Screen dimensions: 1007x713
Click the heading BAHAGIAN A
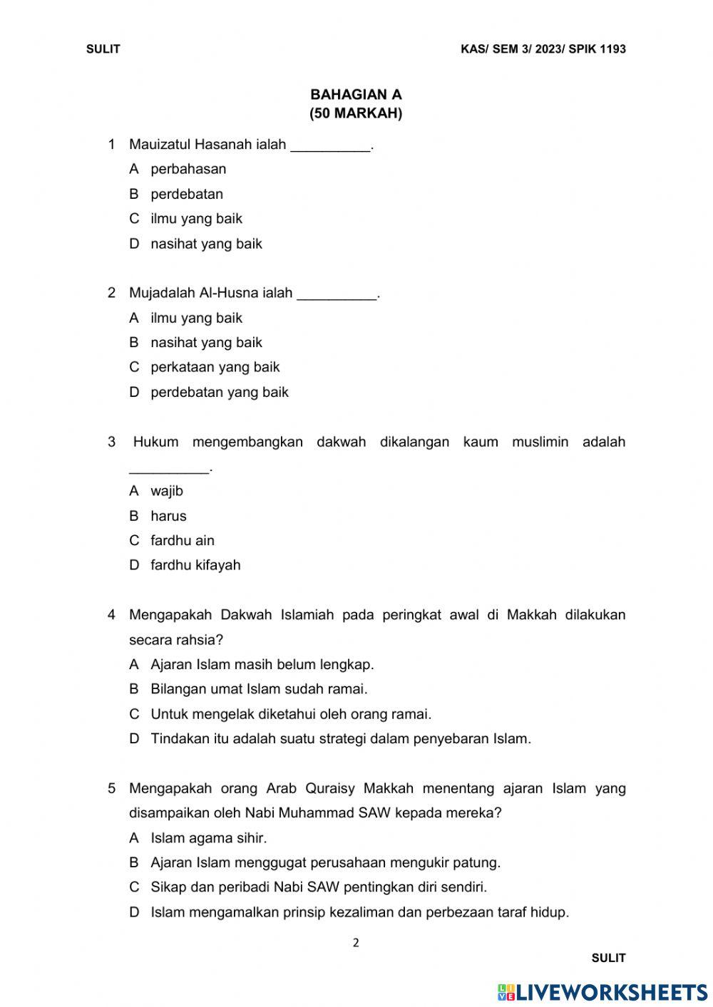356,94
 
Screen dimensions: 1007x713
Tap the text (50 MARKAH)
356,113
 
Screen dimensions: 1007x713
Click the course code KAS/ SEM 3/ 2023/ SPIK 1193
543,49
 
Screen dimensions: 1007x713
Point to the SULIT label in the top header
103,49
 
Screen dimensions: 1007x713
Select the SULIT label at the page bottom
608,958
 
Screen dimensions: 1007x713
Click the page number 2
356,943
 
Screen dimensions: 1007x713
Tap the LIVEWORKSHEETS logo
602,992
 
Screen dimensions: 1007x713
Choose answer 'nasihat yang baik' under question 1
206,244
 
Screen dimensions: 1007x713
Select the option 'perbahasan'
188,169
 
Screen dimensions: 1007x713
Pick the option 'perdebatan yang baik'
220,392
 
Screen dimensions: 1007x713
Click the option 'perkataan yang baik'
215,367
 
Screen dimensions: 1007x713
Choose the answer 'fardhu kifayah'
195,565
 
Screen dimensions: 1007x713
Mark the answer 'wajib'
167,491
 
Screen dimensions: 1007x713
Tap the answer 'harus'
168,516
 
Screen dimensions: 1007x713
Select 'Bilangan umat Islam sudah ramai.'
259,689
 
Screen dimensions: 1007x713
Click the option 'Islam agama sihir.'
208,838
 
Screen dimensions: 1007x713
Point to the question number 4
111,614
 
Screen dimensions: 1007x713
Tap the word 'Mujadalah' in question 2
162,293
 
